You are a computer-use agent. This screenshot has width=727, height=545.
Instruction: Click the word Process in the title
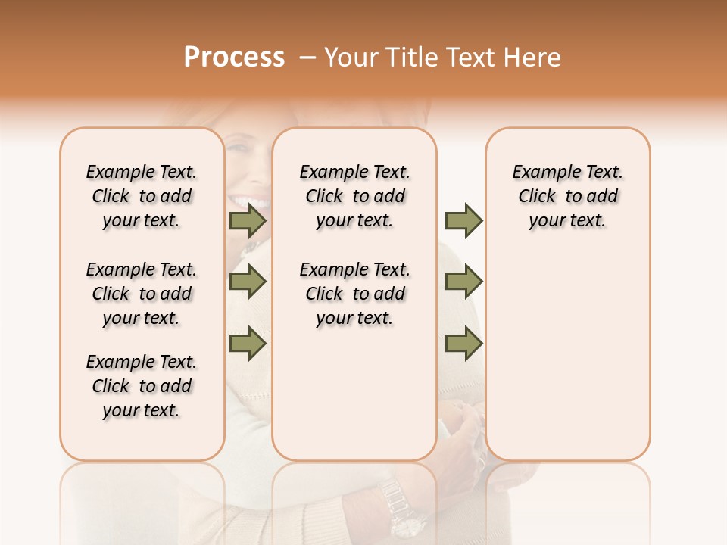tap(234, 58)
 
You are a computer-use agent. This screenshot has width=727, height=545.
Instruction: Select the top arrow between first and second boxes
tap(248, 221)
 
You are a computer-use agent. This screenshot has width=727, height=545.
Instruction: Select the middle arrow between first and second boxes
tap(248, 282)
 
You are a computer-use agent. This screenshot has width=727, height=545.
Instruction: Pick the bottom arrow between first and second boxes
tap(248, 344)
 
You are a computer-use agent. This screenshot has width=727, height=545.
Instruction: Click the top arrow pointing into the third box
tap(463, 221)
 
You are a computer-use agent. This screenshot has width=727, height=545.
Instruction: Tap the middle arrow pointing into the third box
tap(463, 282)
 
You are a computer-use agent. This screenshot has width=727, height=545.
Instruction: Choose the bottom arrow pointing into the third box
tap(463, 344)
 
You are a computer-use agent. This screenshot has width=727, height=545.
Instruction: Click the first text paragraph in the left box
tap(142, 196)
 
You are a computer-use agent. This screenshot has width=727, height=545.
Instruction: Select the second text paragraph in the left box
tap(142, 294)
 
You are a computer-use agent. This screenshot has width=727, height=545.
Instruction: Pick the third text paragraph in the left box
tap(142, 386)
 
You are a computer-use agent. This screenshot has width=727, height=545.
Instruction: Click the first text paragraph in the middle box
tap(354, 196)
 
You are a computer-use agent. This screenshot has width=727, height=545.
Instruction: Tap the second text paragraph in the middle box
tap(354, 294)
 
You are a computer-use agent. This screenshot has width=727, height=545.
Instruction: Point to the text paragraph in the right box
tap(567, 196)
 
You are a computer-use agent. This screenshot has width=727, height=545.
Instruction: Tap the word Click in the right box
tap(537, 197)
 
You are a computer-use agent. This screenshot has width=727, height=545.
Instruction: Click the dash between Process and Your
tap(307, 58)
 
